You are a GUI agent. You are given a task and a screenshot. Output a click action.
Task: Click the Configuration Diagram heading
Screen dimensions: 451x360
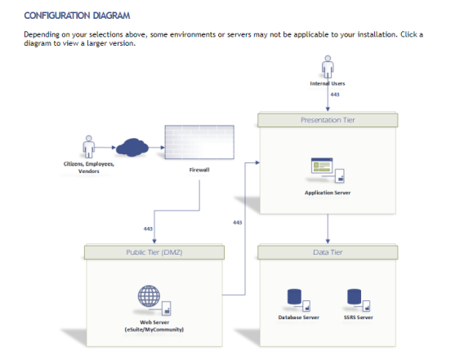[77, 16]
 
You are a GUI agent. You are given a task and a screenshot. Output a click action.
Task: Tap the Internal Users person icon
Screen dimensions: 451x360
[328, 67]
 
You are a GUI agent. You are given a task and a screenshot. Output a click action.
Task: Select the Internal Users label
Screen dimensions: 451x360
[328, 83]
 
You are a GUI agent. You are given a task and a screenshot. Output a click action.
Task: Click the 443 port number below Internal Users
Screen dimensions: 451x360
[335, 95]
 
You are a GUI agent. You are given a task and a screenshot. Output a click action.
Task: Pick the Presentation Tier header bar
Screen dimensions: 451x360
[328, 120]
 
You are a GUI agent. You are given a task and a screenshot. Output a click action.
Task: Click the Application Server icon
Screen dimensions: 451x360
[328, 171]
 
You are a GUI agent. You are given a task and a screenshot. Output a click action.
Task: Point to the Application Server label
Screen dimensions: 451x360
[328, 193]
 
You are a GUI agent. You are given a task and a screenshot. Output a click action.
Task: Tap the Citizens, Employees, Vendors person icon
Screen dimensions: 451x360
[88, 147]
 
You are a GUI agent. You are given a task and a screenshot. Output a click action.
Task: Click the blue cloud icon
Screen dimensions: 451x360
[132, 148]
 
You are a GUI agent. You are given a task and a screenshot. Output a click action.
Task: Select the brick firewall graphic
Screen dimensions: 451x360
[199, 142]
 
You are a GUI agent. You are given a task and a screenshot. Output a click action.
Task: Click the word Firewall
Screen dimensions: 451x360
[199, 170]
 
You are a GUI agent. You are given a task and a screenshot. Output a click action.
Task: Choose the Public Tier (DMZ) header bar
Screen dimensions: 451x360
[154, 252]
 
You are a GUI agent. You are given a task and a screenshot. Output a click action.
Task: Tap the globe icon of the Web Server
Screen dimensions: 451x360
[149, 296]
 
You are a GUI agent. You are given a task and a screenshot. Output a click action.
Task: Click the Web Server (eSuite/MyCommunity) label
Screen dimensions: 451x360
[154, 326]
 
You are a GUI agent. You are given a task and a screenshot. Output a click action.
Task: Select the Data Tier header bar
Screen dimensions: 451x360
[328, 252]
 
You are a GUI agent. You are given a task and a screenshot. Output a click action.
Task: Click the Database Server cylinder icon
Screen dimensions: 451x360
[294, 297]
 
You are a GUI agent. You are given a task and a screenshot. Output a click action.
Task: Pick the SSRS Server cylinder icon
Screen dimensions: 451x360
[354, 297]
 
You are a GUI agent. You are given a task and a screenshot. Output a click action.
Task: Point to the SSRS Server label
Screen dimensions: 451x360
[359, 318]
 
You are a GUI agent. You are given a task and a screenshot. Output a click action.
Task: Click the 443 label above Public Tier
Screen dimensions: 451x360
[148, 229]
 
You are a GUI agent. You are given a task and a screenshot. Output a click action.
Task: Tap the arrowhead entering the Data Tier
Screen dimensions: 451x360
[328, 242]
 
